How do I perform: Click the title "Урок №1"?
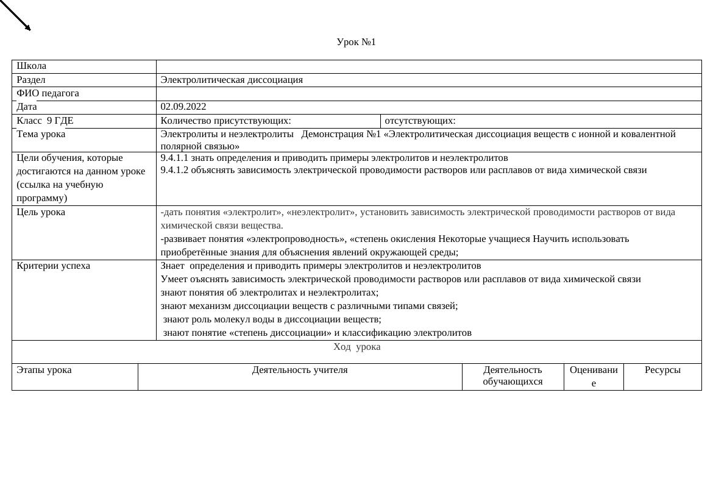point(356,42)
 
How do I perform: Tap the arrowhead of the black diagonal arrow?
point(27,27)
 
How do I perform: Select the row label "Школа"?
point(31,66)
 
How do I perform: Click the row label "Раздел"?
point(31,80)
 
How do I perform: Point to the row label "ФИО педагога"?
point(48,93)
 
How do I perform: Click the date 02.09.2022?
point(183,107)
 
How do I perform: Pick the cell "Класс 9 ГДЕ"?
point(44,121)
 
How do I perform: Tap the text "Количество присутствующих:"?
point(225,121)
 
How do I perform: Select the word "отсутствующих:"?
point(420,121)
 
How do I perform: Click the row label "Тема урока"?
point(41,134)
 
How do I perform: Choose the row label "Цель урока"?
point(41,212)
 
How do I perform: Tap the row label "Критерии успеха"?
point(53,266)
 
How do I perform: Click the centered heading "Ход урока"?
point(357,347)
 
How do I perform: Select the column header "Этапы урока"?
point(44,370)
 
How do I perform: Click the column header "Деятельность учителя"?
point(300,370)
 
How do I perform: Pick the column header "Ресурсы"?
point(662,370)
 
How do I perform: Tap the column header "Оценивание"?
point(594,376)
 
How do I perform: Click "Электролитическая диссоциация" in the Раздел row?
point(232,80)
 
